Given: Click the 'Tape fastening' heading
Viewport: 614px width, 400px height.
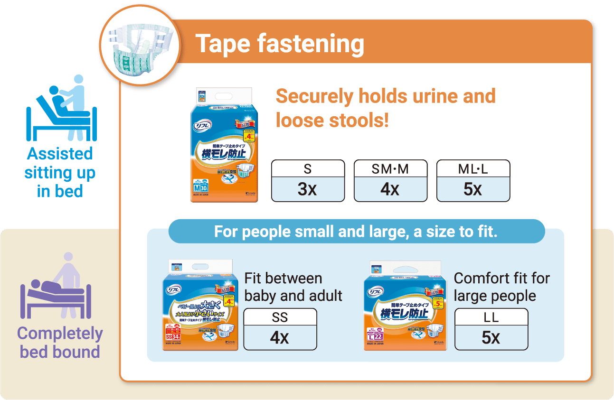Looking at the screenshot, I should [280, 44].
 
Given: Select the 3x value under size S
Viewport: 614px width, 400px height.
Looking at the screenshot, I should [308, 189].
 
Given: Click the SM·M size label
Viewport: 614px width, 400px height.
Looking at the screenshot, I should [390, 168].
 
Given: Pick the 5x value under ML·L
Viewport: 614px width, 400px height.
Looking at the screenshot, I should [473, 189].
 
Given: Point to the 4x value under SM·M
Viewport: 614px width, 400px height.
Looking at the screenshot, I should [390, 189].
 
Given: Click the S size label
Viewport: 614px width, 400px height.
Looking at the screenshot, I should [308, 168].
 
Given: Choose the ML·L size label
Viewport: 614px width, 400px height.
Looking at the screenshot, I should [473, 168].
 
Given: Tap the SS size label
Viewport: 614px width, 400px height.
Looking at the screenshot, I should [280, 317].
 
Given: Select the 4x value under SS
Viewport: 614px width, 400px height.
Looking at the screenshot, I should [280, 338].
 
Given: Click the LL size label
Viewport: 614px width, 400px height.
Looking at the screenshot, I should [491, 317].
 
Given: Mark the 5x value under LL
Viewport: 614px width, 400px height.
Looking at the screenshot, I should [491, 338].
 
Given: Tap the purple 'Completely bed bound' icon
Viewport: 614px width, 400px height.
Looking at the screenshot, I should [56, 287].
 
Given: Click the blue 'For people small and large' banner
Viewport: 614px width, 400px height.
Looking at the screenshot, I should [356, 232].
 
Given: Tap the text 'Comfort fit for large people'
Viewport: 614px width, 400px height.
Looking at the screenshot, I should [501, 287].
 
